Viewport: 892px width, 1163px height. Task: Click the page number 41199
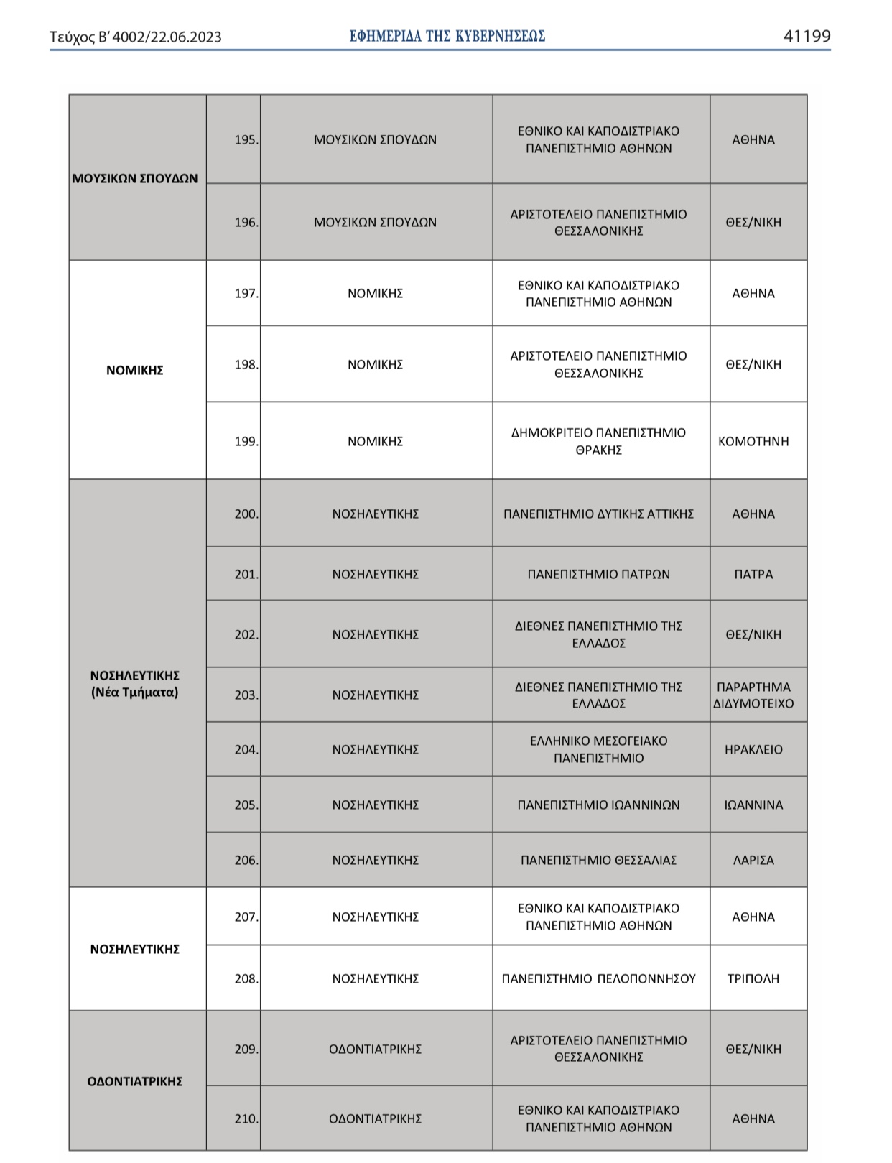point(807,37)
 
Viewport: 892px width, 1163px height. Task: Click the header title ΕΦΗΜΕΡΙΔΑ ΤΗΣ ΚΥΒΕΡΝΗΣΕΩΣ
point(447,36)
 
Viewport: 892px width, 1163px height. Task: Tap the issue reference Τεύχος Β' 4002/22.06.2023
point(136,37)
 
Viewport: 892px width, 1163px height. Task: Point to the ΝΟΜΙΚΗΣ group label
point(135,371)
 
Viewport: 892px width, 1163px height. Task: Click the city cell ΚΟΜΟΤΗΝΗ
point(753,442)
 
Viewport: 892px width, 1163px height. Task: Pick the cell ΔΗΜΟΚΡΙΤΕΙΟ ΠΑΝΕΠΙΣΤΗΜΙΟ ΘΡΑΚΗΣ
point(598,442)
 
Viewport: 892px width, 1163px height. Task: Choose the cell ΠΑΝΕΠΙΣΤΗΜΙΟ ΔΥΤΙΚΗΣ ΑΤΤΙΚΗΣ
point(598,514)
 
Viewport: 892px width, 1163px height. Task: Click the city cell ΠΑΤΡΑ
point(753,575)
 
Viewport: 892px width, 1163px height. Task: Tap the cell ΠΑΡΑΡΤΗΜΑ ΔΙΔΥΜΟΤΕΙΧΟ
point(753,695)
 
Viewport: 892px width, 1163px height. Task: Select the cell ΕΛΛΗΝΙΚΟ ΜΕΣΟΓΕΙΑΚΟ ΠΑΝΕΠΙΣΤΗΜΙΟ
point(598,750)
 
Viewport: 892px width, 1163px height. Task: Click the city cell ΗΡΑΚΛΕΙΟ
point(753,750)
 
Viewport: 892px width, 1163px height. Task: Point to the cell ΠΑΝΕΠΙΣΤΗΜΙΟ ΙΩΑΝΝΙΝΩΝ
point(598,805)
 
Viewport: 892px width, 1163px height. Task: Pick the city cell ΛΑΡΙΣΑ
point(753,861)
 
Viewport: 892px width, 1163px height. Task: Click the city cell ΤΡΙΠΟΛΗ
point(753,979)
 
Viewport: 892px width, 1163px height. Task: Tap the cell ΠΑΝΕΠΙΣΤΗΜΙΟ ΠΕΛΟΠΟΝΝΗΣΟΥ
point(598,979)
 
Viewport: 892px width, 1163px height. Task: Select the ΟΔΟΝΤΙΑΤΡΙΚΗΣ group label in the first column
point(135,1082)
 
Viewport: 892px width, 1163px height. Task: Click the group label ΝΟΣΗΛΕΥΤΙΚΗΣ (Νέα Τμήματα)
point(135,685)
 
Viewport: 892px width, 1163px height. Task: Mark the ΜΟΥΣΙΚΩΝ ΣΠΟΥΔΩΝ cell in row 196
point(375,223)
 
